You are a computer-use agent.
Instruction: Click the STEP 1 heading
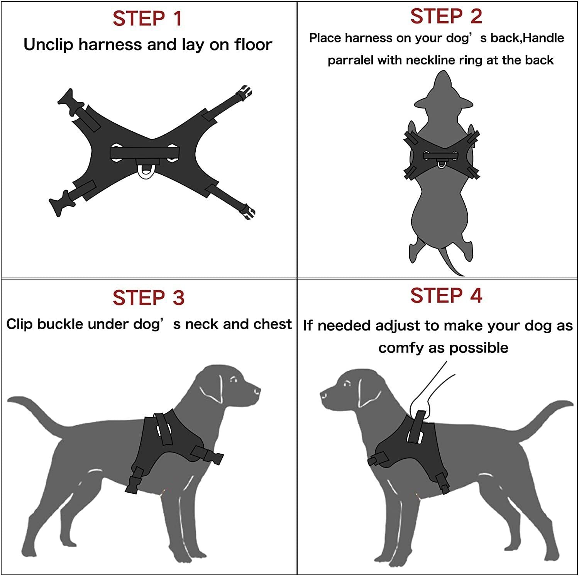(147, 19)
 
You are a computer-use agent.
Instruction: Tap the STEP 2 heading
(446, 16)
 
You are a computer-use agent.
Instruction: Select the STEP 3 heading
(149, 298)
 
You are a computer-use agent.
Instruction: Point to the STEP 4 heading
(446, 295)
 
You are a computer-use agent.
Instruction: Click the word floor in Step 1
(253, 44)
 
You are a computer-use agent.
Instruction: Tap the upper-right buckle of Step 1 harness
(244, 93)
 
